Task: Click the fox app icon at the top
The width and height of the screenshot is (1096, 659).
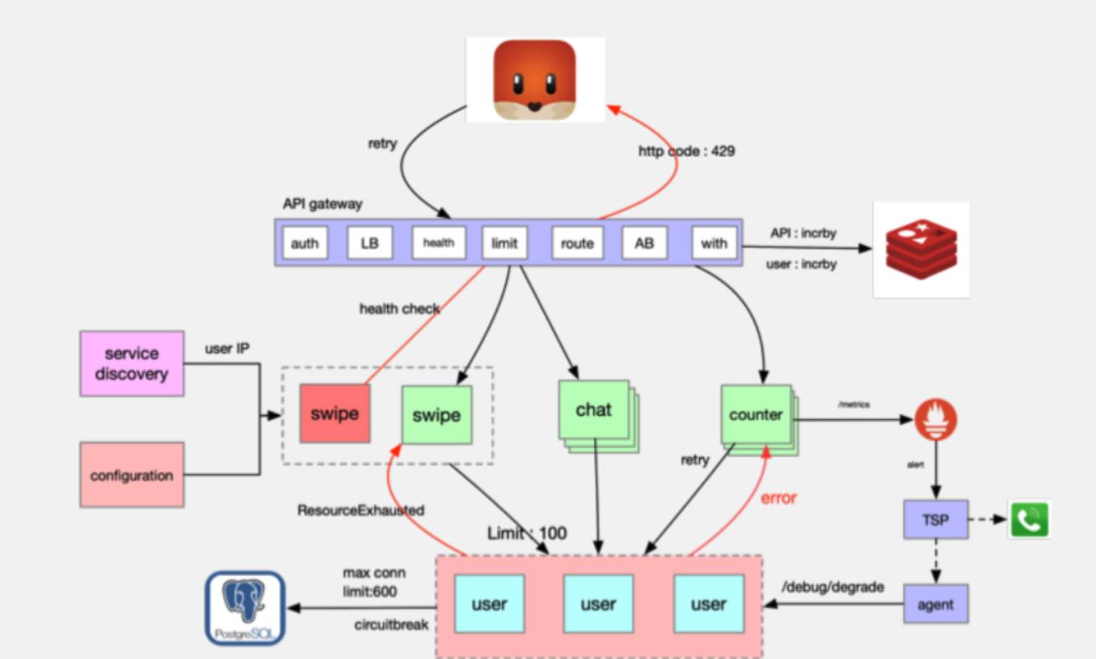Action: coord(535,80)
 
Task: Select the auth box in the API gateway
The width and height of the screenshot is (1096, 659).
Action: coord(304,243)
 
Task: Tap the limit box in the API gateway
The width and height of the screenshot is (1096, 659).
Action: coord(504,243)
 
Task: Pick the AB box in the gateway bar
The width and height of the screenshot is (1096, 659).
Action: coord(644,243)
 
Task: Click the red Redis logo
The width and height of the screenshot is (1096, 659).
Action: coord(921,249)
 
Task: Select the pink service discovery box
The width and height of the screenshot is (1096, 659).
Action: coord(132,364)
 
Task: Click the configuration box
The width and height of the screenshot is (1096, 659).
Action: coord(132,475)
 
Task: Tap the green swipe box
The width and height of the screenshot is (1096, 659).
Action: coord(437,415)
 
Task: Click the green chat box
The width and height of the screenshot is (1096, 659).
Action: coord(593,410)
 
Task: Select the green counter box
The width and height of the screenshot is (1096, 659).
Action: coord(756,414)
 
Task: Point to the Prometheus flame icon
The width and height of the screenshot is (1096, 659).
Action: coord(936,419)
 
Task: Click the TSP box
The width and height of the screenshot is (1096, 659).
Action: coord(935,520)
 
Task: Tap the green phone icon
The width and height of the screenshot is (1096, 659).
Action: coord(1029,520)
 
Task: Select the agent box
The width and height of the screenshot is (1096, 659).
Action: coord(935,604)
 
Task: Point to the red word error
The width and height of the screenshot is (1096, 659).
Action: coord(778,498)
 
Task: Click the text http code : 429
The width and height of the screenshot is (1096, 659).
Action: coord(686,152)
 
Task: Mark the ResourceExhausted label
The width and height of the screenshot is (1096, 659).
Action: coord(360,510)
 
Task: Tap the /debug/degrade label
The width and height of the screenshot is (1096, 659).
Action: coord(832,587)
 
